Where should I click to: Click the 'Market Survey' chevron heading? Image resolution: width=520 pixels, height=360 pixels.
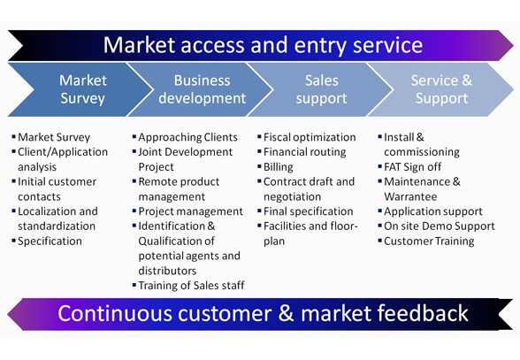[83, 89]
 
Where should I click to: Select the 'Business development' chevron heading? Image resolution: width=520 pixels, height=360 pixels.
[202, 89]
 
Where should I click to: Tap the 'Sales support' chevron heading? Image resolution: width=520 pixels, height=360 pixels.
[321, 89]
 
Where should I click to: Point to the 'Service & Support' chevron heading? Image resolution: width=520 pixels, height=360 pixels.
[441, 89]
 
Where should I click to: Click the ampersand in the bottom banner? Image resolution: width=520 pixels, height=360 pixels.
[287, 313]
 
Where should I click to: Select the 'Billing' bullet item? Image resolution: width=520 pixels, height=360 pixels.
[279, 167]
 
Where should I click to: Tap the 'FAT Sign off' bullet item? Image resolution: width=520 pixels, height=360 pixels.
[412, 166]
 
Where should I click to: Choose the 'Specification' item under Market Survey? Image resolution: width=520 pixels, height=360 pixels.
[50, 241]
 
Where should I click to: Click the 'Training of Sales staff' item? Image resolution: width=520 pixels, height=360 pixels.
[191, 286]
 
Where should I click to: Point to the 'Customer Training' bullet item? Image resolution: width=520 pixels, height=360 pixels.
[429, 241]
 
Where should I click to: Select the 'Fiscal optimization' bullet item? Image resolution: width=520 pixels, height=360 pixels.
[310, 137]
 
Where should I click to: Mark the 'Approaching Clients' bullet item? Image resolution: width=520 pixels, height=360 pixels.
[188, 137]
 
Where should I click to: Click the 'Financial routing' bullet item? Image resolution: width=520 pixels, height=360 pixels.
[305, 152]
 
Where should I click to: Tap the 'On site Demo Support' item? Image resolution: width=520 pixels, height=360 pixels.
[440, 226]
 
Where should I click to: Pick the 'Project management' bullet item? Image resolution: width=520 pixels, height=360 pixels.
[191, 211]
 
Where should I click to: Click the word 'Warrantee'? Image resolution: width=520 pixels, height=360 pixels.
[410, 196]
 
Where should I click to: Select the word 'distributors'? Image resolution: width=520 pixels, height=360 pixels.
[167, 271]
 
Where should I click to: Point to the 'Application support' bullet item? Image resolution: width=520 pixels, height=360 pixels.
[433, 211]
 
